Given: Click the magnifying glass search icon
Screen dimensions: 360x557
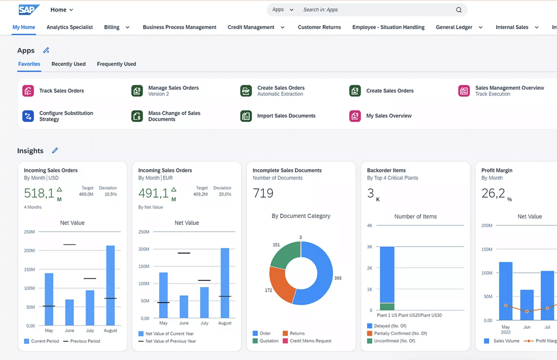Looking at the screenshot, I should click(x=459, y=10).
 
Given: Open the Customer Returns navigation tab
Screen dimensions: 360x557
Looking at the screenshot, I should click(x=319, y=27).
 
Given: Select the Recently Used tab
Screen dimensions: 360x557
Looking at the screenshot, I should click(x=69, y=64).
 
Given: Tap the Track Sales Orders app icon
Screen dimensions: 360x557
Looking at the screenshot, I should click(x=28, y=91).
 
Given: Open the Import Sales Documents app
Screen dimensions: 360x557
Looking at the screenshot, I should click(x=286, y=116).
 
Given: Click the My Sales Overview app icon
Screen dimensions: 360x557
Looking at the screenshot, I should click(x=355, y=116).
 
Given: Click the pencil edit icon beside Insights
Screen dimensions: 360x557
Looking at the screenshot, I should click(x=55, y=150).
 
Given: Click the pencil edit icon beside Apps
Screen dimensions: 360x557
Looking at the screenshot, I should click(x=46, y=50).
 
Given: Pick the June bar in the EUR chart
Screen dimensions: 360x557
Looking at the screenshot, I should click(x=184, y=307).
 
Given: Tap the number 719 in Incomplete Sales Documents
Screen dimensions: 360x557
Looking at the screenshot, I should click(x=263, y=193).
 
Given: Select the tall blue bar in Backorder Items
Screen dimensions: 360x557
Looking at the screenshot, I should click(x=387, y=275).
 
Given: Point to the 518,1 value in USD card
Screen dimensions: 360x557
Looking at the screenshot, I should click(x=39, y=193).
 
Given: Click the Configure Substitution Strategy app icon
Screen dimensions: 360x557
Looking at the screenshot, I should click(x=28, y=116).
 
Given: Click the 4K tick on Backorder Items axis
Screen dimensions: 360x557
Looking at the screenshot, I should click(x=369, y=226).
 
